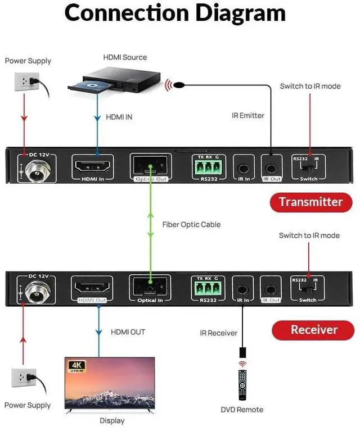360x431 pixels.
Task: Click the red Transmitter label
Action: (x=310, y=202)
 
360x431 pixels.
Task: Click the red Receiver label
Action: (x=313, y=330)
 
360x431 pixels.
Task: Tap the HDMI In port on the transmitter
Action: (x=93, y=167)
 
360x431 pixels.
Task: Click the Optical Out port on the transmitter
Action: (x=149, y=166)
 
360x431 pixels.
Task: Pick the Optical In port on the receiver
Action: (x=150, y=287)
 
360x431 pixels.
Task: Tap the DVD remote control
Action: (x=242, y=385)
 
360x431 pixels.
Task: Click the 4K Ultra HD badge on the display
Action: (x=76, y=366)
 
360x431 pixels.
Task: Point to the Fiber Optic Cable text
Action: (x=191, y=224)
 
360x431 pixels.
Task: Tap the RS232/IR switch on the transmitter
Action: (x=309, y=167)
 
